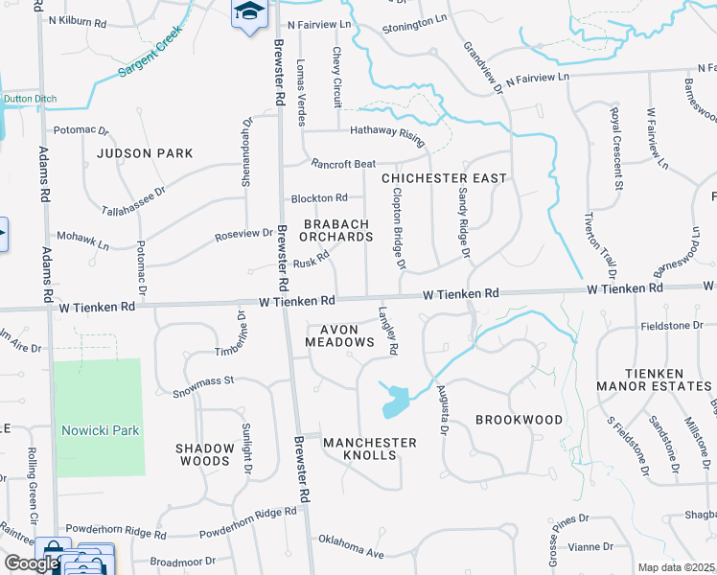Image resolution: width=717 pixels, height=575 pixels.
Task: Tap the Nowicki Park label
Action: click(101, 430)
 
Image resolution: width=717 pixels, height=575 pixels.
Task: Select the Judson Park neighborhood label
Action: click(145, 152)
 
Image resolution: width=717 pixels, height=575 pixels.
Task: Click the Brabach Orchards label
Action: click(337, 230)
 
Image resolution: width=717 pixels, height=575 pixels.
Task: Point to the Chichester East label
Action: click(443, 178)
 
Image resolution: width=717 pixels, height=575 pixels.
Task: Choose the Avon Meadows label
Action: click(339, 335)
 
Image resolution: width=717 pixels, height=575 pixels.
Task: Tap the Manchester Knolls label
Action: click(370, 448)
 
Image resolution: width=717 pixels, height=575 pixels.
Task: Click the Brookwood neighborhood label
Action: click(519, 420)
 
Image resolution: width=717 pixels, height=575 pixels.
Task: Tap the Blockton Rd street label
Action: click(319, 197)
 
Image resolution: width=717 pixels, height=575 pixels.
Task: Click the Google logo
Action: click(31, 563)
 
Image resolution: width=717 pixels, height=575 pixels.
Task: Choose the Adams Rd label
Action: click(44, 172)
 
